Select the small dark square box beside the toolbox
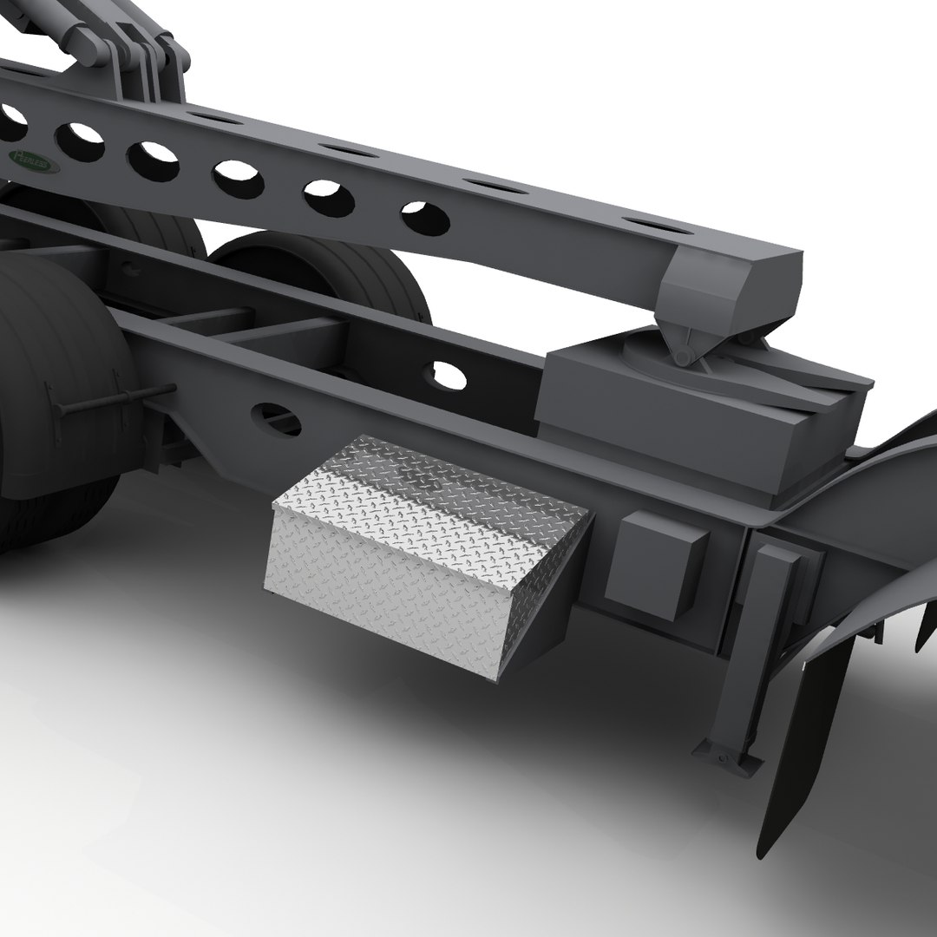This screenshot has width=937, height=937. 654,563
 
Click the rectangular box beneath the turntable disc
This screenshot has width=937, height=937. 694,425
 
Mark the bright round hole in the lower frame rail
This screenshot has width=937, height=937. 449,375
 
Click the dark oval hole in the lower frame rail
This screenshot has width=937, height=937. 276,420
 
